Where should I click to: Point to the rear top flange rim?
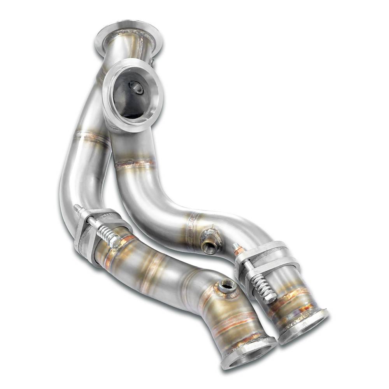point(128,29)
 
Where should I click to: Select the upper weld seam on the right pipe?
point(134,163)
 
